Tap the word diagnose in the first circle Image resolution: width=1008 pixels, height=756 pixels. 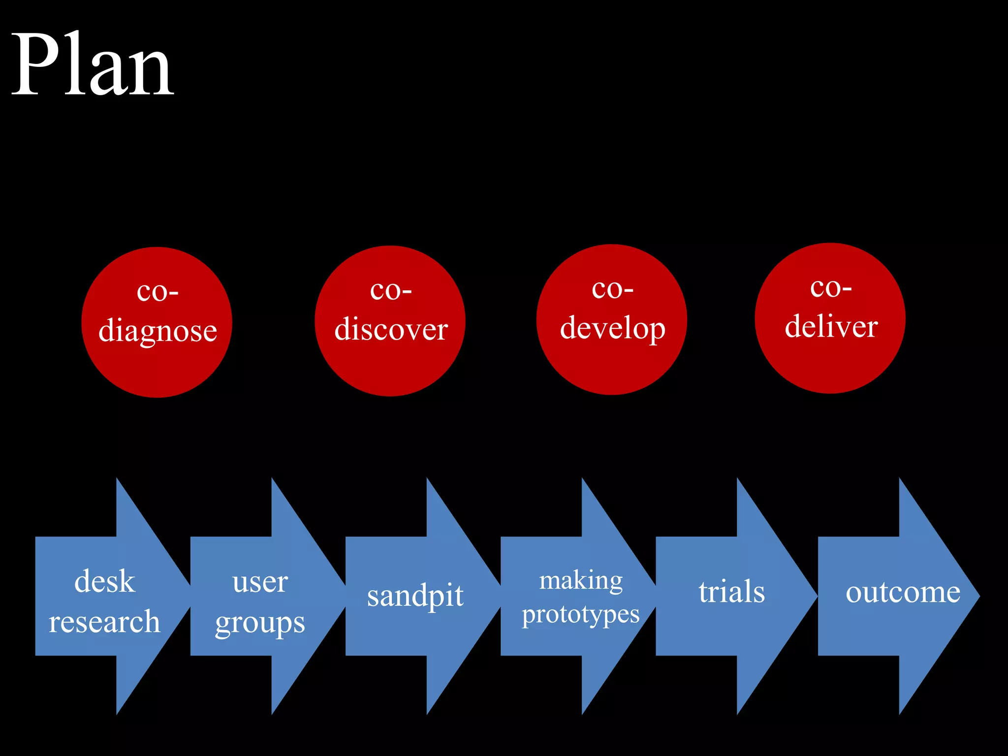[157, 330]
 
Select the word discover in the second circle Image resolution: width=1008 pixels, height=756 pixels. [391, 329]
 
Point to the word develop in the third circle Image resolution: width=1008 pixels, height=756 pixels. [612, 328]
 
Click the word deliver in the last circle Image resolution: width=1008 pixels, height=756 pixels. [831, 326]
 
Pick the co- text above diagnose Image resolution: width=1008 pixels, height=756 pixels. [157, 291]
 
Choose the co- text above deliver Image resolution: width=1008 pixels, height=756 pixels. [831, 287]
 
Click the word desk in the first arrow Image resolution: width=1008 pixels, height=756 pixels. [104, 581]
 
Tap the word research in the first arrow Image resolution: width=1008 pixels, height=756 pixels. [104, 621]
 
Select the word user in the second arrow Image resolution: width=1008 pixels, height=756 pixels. [260, 582]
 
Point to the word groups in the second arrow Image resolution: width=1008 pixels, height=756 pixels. [260, 623]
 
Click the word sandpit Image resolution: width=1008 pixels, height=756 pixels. [415, 596]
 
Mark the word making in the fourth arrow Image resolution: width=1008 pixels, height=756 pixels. [581, 581]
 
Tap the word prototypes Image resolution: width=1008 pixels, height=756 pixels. [581, 615]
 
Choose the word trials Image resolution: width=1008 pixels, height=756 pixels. [731, 591]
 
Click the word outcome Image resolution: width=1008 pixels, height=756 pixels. [903, 592]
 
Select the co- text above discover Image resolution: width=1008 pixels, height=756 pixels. [391, 290]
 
